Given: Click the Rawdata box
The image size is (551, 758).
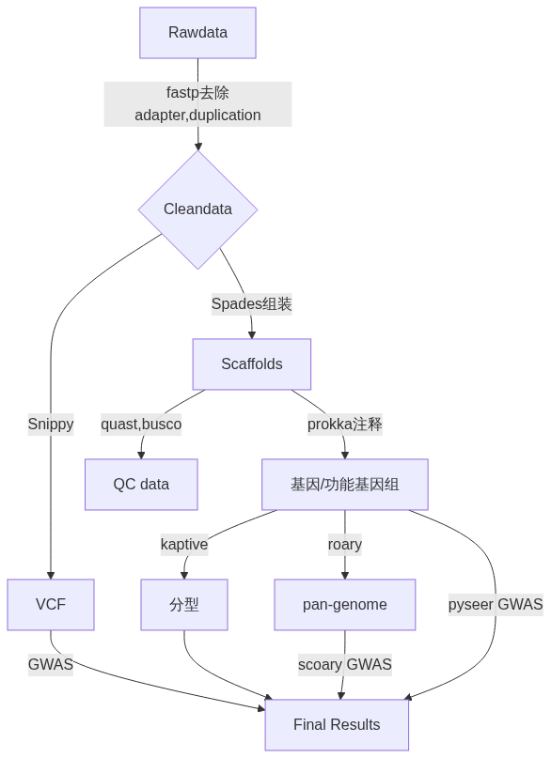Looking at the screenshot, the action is point(197,33).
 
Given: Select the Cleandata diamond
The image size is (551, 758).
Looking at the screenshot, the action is point(197,209).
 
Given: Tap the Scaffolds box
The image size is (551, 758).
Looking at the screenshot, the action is point(252,364).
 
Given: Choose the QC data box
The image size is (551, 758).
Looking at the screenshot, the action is point(141,485).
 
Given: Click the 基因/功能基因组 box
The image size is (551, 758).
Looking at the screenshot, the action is point(345,485).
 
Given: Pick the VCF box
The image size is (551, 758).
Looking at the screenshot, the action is point(51,604).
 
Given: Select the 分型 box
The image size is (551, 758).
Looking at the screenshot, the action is point(184,604).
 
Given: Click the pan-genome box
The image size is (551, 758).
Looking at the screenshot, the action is point(345,604).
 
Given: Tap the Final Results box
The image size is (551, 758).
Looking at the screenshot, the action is point(337,724).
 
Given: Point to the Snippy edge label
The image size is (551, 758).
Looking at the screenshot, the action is point(51,424).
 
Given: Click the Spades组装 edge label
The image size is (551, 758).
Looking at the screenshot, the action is point(252,304).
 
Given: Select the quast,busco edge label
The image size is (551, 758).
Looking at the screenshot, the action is point(141,424).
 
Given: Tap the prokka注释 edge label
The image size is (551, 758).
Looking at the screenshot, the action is point(345,424).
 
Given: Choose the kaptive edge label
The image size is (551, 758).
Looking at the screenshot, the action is point(184,545).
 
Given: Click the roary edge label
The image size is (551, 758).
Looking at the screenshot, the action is point(345,545).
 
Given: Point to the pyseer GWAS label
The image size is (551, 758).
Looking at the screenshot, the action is point(496,604).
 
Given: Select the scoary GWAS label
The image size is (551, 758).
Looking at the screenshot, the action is point(345,665).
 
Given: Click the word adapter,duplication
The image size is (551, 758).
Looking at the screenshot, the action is point(197,115).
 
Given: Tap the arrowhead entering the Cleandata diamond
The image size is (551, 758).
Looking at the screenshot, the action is point(197,146).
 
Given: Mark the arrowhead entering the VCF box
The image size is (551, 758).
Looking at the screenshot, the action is point(51,575).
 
